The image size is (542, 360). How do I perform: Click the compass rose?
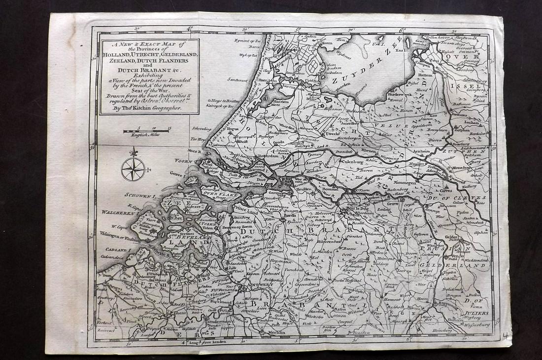(133, 168)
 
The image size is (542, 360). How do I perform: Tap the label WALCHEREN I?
(118, 213)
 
